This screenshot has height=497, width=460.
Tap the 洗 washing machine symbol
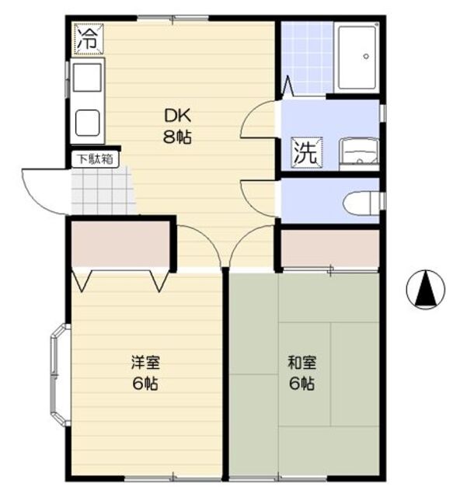click(305, 151)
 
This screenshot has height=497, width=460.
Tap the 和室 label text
click(301, 363)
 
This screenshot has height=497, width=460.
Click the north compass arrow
click(426, 290)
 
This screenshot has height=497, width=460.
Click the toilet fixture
click(361, 200)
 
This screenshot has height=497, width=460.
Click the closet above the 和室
click(329, 247)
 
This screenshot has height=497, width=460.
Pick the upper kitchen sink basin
click(86, 78)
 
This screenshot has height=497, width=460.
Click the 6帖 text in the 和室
click(301, 383)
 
